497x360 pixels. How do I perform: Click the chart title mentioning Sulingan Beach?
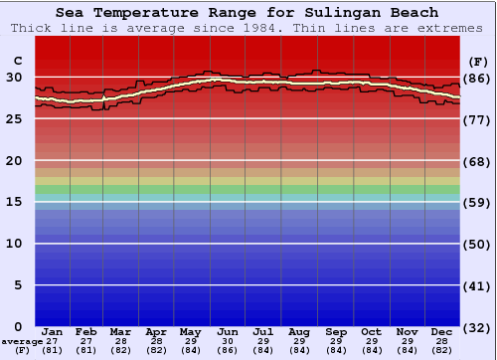tap(247, 13)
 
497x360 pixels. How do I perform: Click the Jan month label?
tap(53, 331)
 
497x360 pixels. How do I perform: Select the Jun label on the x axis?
tap(227, 331)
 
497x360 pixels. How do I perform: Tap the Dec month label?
tap(442, 331)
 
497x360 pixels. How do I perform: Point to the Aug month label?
tap(299, 331)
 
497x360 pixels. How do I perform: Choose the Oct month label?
tap(371, 331)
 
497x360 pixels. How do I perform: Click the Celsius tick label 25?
tap(16, 118)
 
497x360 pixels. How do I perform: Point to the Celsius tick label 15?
tap(16, 202)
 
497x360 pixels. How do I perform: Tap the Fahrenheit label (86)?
tap(477, 78)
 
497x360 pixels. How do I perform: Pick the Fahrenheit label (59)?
tap(477, 202)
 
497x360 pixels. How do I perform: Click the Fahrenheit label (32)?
tap(477, 327)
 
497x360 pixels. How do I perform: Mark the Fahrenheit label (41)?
tap(477, 285)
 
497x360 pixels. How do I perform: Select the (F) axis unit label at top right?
tap(477, 60)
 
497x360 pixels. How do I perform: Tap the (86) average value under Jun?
tap(227, 350)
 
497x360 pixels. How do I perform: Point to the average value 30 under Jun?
tap(227, 340)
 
